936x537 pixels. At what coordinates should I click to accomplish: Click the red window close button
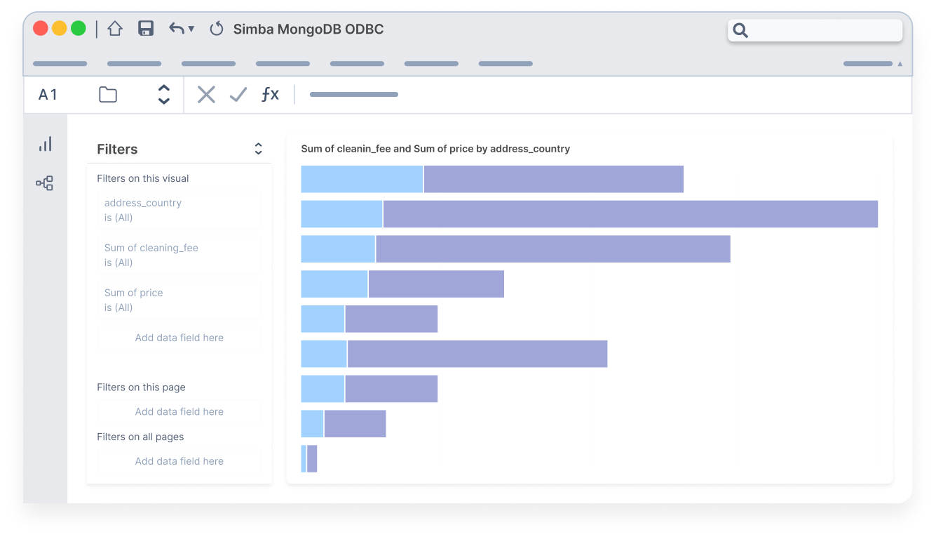(x=41, y=29)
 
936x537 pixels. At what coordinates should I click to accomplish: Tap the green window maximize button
(x=79, y=29)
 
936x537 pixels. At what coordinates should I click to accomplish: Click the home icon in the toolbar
(x=115, y=29)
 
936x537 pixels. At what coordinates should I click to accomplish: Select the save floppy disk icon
(x=146, y=29)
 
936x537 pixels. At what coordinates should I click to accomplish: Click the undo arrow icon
(x=177, y=29)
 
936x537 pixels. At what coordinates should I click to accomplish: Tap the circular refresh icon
(x=217, y=29)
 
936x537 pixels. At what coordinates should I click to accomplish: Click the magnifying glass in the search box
(x=740, y=30)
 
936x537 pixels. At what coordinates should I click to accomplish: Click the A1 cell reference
(x=48, y=95)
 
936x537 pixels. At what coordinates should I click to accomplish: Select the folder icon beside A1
(x=108, y=95)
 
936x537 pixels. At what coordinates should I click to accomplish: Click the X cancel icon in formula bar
(x=206, y=95)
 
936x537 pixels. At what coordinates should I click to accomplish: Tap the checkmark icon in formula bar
(x=238, y=95)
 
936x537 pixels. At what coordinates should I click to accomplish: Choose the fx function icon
(x=270, y=95)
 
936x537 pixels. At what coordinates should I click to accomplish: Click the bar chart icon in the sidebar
(x=46, y=145)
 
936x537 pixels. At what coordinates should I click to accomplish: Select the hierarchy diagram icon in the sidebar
(x=45, y=184)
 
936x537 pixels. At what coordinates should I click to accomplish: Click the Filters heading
(x=117, y=149)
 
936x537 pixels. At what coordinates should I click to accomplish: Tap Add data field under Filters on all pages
(x=179, y=461)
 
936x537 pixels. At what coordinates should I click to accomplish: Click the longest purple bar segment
(x=630, y=214)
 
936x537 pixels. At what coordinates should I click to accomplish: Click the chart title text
(x=435, y=149)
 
